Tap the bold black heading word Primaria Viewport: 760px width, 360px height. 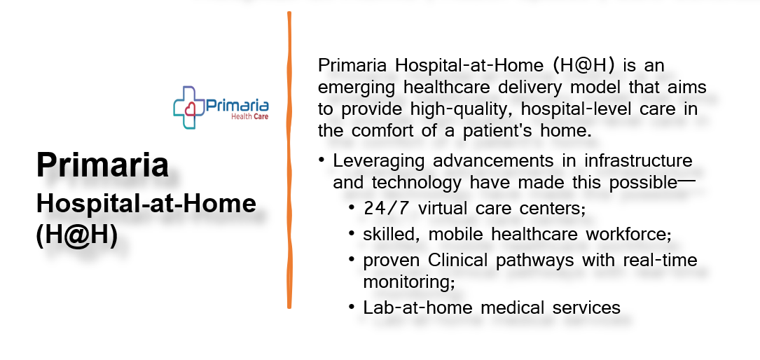[x=102, y=165]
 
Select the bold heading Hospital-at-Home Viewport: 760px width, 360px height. [x=146, y=204]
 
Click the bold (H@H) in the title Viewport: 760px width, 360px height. [x=76, y=236]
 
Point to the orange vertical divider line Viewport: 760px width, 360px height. [x=289, y=160]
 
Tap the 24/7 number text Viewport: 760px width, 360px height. [x=386, y=209]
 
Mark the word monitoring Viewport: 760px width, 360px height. [x=407, y=282]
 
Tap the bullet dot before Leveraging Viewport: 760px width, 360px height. [x=322, y=160]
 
